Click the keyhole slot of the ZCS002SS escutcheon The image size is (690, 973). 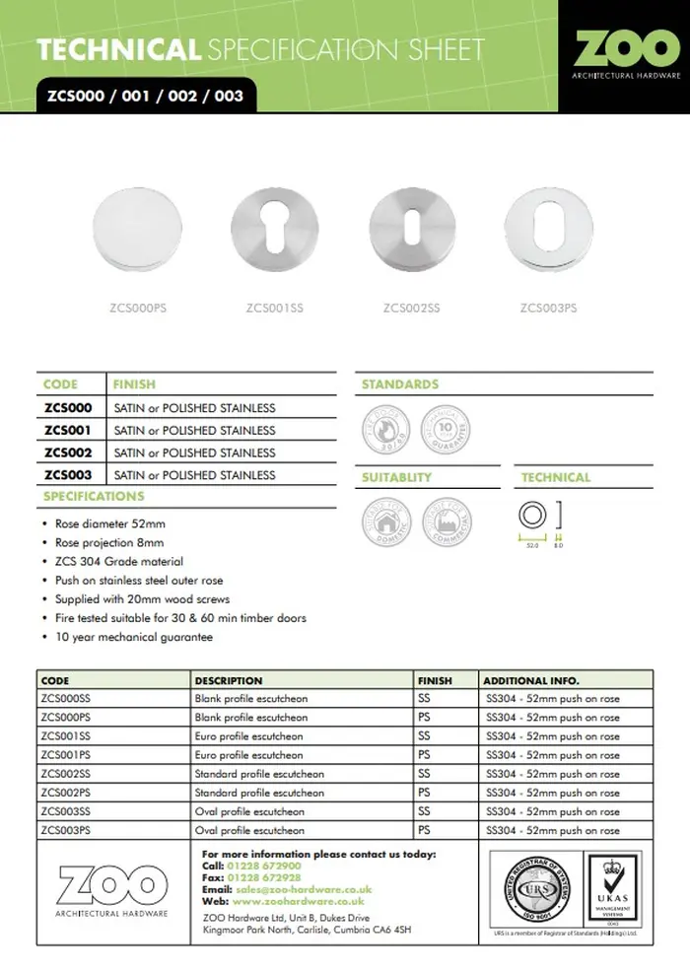(411, 238)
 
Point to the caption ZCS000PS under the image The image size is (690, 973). (138, 309)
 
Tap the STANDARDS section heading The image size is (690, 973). (400, 384)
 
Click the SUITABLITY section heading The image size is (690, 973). (396, 477)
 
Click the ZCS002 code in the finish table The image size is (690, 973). (68, 452)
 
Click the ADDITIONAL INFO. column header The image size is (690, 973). (530, 680)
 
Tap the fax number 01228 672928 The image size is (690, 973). (264, 877)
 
